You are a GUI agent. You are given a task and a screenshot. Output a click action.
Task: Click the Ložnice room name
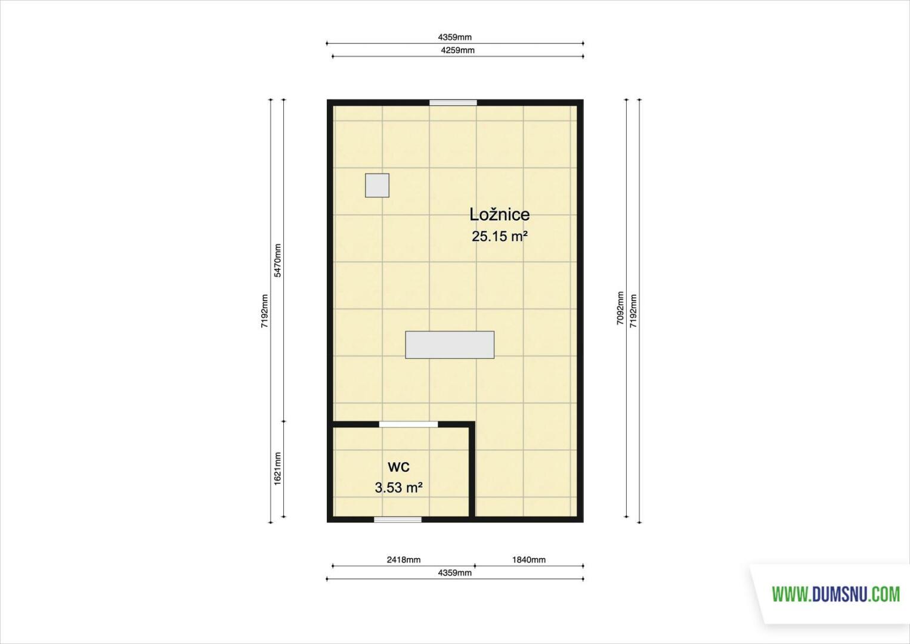(499, 215)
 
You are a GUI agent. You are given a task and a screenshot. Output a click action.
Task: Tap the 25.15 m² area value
(499, 237)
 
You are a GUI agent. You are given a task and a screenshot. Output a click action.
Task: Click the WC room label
(398, 467)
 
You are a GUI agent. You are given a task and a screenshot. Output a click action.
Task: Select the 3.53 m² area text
(398, 488)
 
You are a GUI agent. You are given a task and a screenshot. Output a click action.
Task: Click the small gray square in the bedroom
(377, 185)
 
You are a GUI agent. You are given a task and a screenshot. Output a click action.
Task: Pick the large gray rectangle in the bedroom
(450, 345)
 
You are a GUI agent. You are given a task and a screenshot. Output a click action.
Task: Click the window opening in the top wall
(453, 103)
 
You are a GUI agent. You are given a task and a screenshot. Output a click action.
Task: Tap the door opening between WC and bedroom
(408, 425)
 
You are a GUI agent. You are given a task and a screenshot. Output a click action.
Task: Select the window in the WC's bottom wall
(398, 519)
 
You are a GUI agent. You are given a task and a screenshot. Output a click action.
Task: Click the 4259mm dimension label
(457, 50)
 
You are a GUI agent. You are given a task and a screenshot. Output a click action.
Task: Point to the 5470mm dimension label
(277, 261)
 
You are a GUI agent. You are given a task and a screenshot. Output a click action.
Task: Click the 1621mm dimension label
(277, 469)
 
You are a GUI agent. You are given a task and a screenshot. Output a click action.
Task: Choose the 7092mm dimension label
(620, 308)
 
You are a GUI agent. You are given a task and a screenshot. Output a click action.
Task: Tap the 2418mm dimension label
(403, 559)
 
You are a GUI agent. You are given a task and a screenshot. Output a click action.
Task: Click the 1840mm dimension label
(528, 559)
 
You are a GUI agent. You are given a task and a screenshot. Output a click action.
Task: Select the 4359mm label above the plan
(454, 38)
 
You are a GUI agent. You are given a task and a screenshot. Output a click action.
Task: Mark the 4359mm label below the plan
(454, 573)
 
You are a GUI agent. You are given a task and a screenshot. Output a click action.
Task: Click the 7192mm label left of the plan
(264, 311)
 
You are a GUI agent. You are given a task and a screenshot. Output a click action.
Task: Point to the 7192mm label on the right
(633, 311)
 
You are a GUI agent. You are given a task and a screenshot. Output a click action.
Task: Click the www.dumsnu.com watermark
(836, 595)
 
